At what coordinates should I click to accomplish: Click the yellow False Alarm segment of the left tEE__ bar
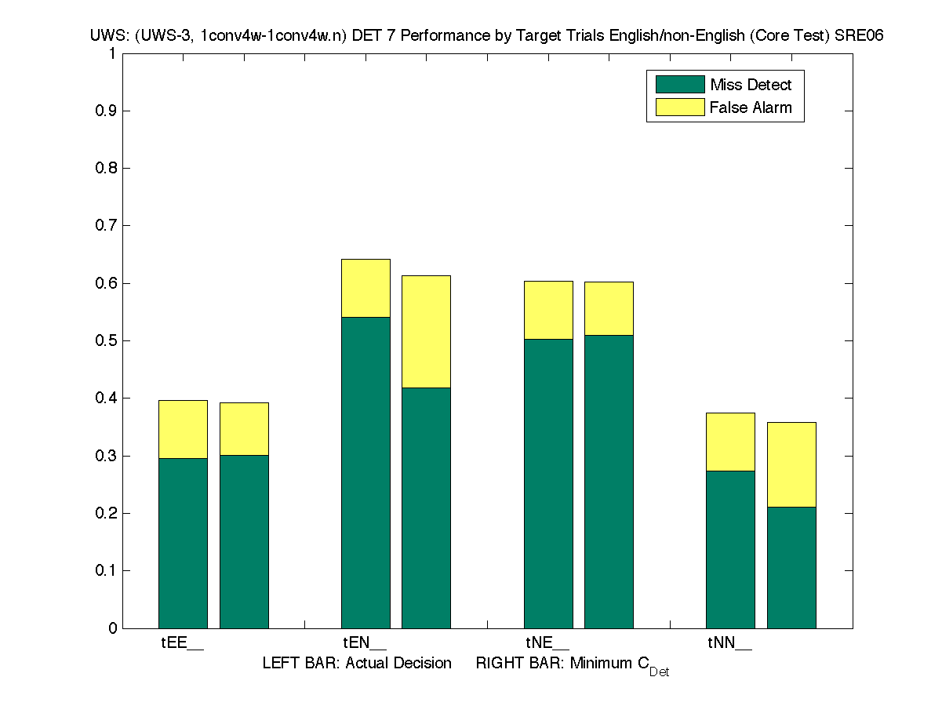tap(183, 429)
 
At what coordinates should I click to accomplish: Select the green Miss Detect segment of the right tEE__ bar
tap(244, 541)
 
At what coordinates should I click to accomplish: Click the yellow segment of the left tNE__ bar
tap(548, 310)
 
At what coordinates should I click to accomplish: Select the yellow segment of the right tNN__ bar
tap(791, 464)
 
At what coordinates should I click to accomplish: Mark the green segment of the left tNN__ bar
tap(730, 549)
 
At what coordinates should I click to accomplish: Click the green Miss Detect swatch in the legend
tap(675, 85)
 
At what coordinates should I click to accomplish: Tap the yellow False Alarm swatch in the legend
tap(675, 107)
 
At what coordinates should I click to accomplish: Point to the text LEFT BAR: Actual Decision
tap(357, 664)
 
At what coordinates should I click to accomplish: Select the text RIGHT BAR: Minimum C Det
tap(572, 665)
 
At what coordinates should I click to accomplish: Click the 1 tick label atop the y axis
tap(112, 54)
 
